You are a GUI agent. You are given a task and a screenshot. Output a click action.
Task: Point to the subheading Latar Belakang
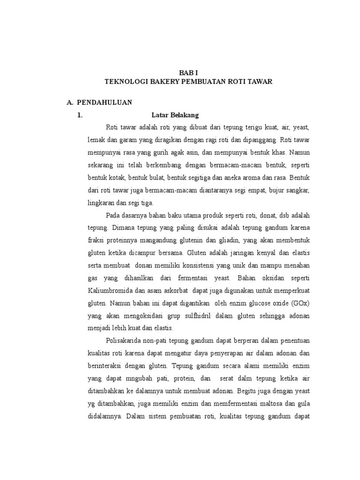[175, 115]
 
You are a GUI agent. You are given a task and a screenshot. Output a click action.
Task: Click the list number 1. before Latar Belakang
[80, 115]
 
